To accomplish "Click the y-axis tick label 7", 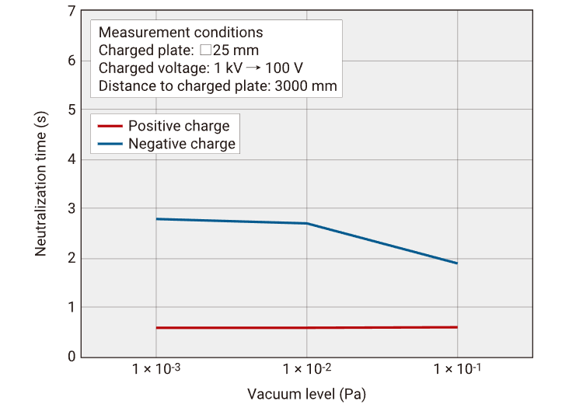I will click(72, 12).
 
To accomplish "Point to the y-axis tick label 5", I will click(72, 110).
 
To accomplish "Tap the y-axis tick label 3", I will click(72, 208).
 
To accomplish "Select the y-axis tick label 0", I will click(72, 357).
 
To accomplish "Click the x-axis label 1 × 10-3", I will click(156, 368).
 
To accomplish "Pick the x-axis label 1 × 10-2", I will click(307, 368).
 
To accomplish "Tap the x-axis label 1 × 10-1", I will click(457, 368).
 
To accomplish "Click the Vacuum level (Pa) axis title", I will click(306, 393).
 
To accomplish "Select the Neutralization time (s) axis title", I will click(42, 184).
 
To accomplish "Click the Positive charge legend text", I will click(179, 126).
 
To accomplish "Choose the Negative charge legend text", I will click(181, 144).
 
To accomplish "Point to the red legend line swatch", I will click(110, 126).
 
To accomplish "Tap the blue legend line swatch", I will click(110, 144).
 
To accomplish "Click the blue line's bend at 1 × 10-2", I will click(307, 223).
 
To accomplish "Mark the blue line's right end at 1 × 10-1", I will click(457, 263).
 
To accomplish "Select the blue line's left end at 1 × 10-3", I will click(157, 219).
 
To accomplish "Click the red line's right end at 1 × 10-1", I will click(457, 327).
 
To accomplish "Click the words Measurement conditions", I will click(181, 33).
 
